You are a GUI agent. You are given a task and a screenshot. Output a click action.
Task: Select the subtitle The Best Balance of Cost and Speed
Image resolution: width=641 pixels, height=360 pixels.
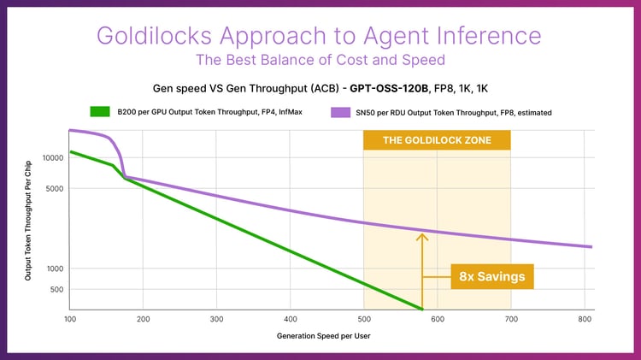pos(320,60)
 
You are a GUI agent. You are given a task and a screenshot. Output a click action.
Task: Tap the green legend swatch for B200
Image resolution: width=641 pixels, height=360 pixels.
pos(100,111)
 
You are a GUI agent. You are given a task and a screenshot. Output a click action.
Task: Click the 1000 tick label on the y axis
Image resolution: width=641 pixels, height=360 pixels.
pos(54,269)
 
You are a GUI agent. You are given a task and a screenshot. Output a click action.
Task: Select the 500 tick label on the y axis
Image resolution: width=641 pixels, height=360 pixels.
pos(56,290)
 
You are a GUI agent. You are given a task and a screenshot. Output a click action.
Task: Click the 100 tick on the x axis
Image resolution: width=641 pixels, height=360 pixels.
pos(70,318)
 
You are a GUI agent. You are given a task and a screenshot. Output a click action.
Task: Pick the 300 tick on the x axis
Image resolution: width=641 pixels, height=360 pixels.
pos(217,318)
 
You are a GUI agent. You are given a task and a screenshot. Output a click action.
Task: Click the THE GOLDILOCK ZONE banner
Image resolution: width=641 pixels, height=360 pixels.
pos(437,140)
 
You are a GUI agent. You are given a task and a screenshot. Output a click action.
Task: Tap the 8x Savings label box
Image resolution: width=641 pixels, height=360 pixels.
pos(491,277)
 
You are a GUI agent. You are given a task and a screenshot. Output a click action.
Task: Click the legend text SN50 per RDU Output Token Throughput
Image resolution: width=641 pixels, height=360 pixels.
pos(413,111)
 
